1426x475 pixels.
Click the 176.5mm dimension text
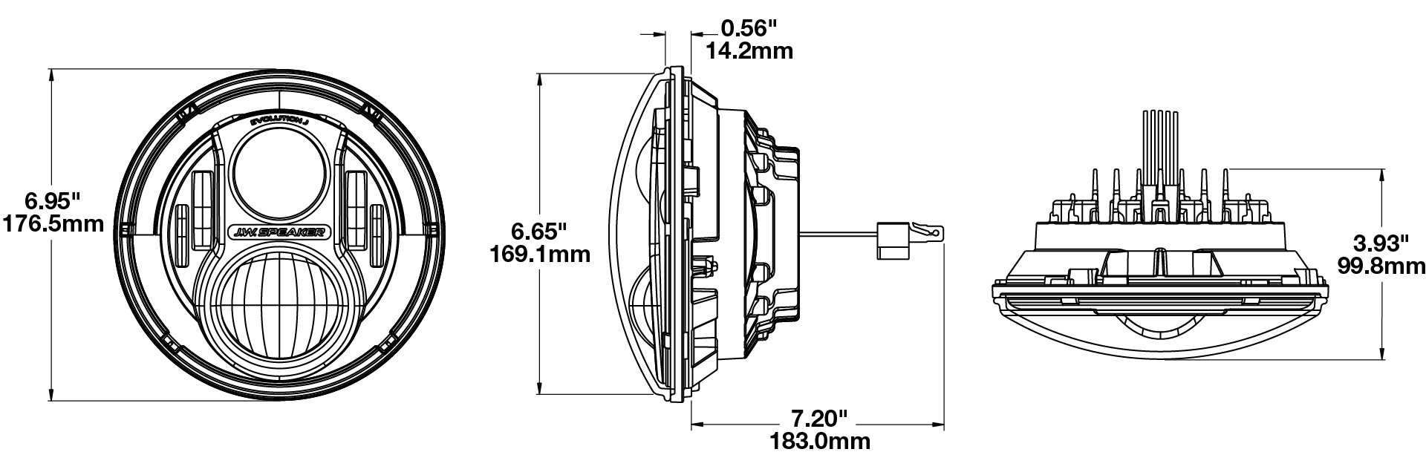53,223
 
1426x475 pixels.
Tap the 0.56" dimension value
749,28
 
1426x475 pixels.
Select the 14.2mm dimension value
749,50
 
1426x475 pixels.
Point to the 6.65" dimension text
539,231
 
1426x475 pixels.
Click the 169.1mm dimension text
540,254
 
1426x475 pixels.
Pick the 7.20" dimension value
818,418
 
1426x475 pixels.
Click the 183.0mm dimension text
818,442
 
